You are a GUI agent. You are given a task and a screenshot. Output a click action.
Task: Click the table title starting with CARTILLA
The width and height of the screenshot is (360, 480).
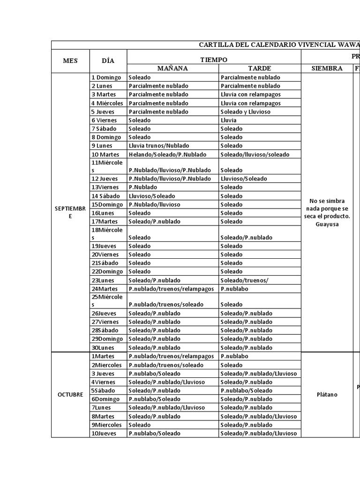tap(279, 45)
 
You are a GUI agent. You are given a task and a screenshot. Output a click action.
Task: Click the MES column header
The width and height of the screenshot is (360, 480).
tap(70, 60)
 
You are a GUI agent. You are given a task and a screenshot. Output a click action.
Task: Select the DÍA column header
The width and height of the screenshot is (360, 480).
tap(108, 60)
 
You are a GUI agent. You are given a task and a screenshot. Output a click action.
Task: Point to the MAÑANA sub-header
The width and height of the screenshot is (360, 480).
tap(172, 68)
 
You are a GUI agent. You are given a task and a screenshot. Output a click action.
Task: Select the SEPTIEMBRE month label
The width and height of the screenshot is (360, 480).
tap(70, 212)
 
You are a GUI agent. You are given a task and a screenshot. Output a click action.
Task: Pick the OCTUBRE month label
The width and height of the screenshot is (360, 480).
tap(70, 395)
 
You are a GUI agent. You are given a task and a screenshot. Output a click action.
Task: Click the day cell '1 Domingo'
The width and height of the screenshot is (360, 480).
tap(106, 77)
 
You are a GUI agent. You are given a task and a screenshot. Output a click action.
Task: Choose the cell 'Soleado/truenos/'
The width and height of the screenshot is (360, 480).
tap(244, 280)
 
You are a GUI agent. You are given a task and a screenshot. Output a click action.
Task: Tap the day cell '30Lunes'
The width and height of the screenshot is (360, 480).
tap(103, 348)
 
